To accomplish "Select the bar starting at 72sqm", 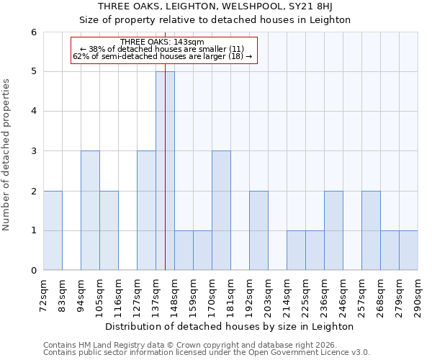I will pyautogui.click(x=53, y=230).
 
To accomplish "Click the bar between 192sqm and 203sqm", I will pyautogui.click(x=258, y=230).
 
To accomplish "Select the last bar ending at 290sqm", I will pyautogui.click(x=408, y=251).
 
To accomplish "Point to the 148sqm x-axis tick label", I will pyautogui.click(x=175, y=296).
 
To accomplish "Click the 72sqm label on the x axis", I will pyautogui.click(x=44, y=294).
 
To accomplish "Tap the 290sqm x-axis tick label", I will pyautogui.click(x=418, y=296).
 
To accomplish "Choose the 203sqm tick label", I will pyautogui.click(x=269, y=296).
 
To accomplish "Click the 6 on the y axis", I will pyautogui.click(x=34, y=32).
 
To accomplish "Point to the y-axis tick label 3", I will pyautogui.click(x=34, y=151).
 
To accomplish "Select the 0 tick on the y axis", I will pyautogui.click(x=34, y=271).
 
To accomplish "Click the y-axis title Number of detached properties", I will pyautogui.click(x=7, y=155).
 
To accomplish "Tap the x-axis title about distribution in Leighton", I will pyautogui.click(x=230, y=326).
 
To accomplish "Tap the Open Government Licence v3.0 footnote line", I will pyautogui.click(x=207, y=353).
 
